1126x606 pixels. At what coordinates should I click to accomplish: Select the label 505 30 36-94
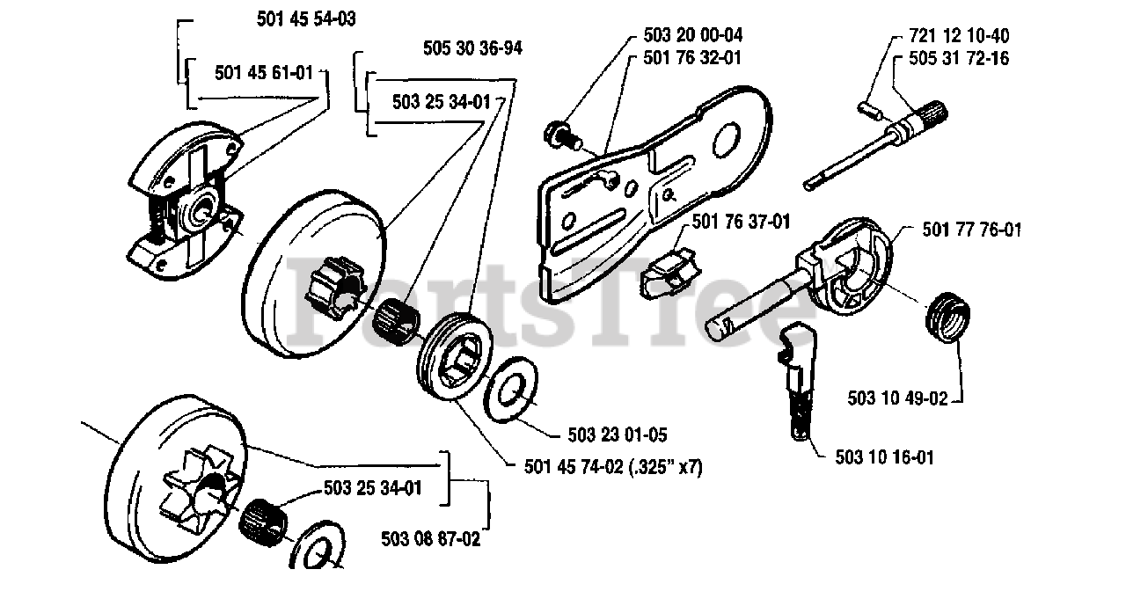(472, 48)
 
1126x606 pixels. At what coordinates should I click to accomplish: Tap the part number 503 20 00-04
(687, 36)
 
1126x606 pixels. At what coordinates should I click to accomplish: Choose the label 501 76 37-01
(742, 223)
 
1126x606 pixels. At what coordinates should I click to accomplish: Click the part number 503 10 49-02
(898, 398)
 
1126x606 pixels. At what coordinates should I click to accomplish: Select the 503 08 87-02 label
(431, 539)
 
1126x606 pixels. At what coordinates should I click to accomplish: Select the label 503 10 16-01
(885, 457)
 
